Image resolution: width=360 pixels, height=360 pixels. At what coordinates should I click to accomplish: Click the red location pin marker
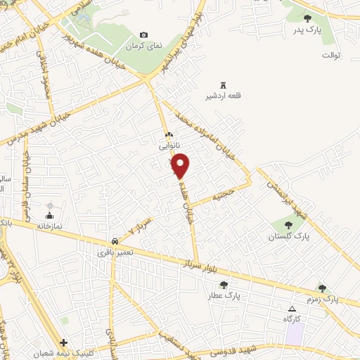(181, 165)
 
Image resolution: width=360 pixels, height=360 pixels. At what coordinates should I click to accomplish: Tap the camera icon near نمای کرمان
(144, 35)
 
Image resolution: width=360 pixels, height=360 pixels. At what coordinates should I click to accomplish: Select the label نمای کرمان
(144, 46)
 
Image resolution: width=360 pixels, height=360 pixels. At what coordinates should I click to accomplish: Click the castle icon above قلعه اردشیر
(224, 84)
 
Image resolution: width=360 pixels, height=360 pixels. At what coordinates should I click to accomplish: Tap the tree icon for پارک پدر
(307, 20)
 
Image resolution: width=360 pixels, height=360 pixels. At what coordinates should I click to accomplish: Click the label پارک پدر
(307, 32)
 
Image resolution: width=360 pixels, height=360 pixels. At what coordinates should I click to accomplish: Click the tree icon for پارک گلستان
(288, 224)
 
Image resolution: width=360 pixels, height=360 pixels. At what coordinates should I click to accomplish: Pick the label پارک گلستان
(288, 236)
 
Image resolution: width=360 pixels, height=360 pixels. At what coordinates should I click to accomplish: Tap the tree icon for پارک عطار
(224, 285)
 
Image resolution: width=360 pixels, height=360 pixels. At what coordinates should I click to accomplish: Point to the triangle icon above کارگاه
(292, 309)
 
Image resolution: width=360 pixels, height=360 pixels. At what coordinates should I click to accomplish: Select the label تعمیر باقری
(115, 250)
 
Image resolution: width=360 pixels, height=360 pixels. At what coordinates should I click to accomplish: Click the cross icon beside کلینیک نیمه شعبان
(64, 342)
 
